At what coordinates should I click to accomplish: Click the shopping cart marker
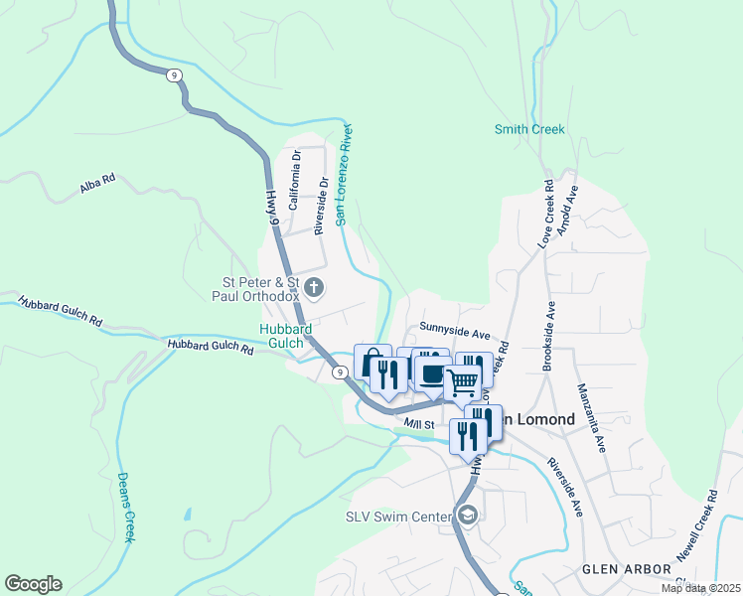click(x=463, y=380)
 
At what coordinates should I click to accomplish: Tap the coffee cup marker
click(x=432, y=374)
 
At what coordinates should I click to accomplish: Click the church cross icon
click(x=314, y=289)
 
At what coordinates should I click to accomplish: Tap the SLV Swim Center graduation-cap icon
click(x=468, y=515)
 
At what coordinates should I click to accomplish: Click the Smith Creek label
click(x=529, y=129)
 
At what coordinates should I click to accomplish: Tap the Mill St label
click(x=420, y=424)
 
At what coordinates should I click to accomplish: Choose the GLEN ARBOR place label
click(x=619, y=569)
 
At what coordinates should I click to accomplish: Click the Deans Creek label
click(x=126, y=507)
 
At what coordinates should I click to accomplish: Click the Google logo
click(x=33, y=584)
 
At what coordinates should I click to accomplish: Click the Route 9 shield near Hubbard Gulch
click(x=340, y=372)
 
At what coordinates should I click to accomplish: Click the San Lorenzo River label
click(x=344, y=174)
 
